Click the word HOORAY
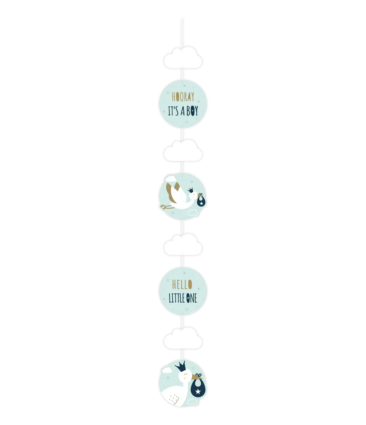tap(183, 97)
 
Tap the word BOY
tap(192, 111)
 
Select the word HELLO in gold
tap(182, 284)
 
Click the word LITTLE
tap(176, 298)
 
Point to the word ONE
tap(192, 298)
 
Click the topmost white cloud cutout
tap(183, 57)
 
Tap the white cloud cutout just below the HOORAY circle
tap(183, 150)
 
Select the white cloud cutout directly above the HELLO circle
tap(183, 245)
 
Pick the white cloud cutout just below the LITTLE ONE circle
tap(183, 338)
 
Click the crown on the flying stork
tap(191, 190)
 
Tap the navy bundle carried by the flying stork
tap(201, 200)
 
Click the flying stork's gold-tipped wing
tap(171, 193)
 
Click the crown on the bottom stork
tap(181, 367)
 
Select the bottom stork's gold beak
tap(196, 377)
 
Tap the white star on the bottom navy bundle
tap(198, 391)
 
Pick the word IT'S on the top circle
tap(173, 111)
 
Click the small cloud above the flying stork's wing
tap(171, 179)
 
